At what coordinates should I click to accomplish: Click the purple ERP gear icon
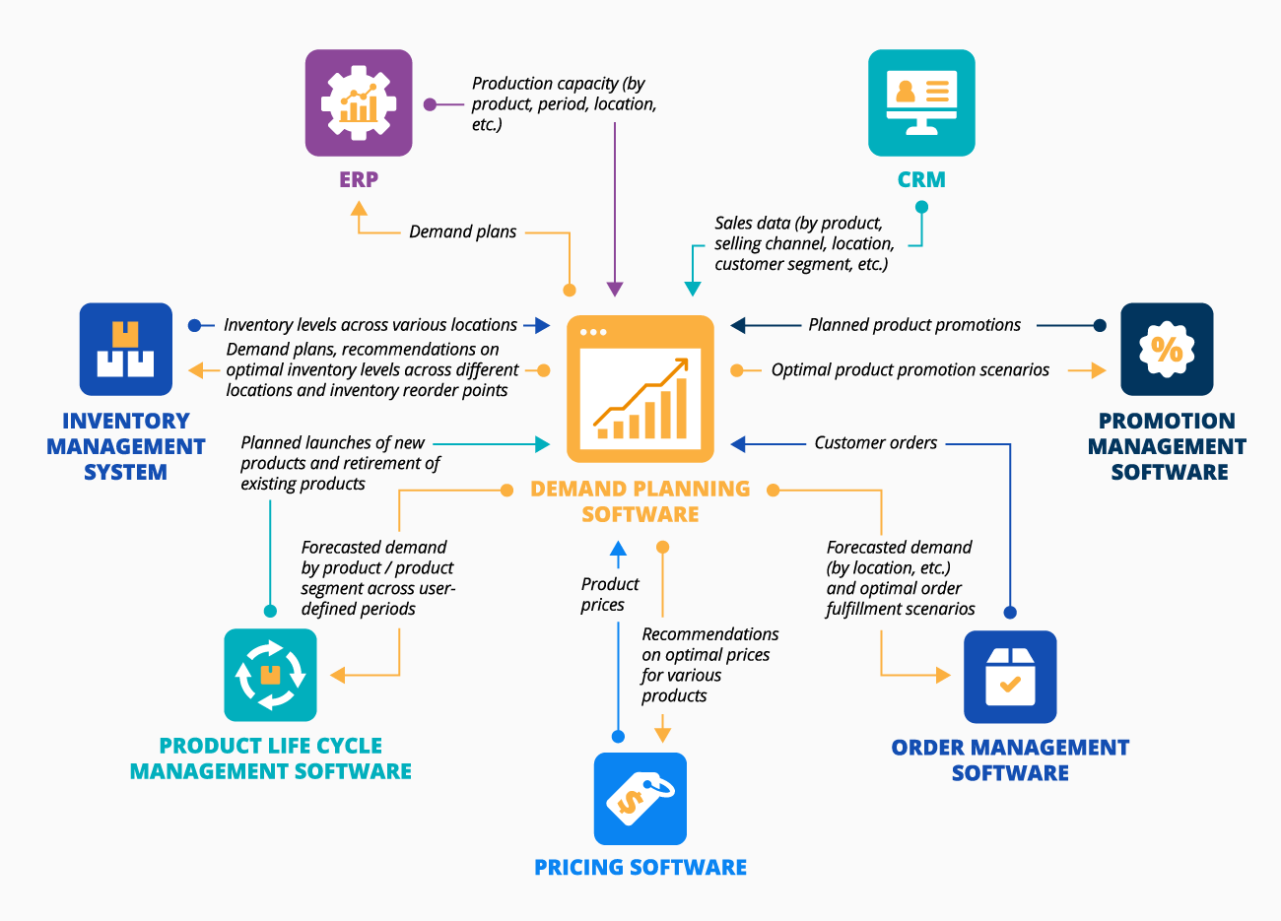(359, 103)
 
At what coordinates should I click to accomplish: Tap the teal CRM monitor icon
(921, 102)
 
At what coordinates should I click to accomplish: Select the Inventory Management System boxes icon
(126, 349)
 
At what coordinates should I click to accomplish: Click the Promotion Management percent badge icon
(1167, 349)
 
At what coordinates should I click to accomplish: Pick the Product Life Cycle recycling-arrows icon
(270, 676)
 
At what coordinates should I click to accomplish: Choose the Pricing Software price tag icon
(640, 799)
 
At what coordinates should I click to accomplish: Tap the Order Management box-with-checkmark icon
(1010, 677)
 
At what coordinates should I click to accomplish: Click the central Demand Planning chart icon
(640, 388)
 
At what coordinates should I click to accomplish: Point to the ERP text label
(359, 180)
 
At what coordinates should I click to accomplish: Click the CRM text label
(921, 180)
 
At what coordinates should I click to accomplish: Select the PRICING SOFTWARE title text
(640, 868)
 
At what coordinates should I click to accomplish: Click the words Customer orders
(875, 443)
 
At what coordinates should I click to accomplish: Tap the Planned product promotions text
(914, 325)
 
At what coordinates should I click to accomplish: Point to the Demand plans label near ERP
(462, 232)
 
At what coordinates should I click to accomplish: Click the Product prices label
(609, 595)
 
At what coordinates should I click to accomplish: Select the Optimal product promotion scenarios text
(910, 370)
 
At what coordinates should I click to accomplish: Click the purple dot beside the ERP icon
(430, 104)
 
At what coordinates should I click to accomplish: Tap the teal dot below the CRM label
(921, 207)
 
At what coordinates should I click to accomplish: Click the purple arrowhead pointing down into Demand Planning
(615, 289)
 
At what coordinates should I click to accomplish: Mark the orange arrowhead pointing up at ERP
(359, 208)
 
